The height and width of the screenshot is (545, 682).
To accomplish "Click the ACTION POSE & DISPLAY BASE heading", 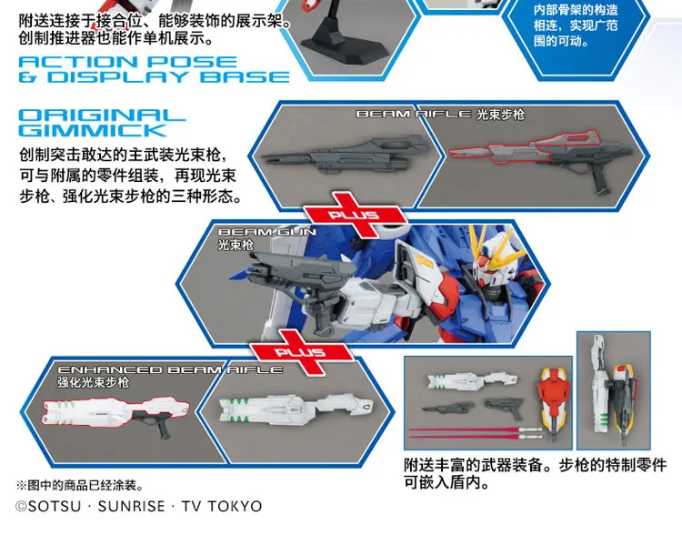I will point(153,69).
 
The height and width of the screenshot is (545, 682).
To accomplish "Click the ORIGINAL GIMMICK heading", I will point(102,123).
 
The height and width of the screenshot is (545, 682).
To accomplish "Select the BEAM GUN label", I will point(267,233).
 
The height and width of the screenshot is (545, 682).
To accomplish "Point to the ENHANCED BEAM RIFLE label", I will point(169,369).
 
